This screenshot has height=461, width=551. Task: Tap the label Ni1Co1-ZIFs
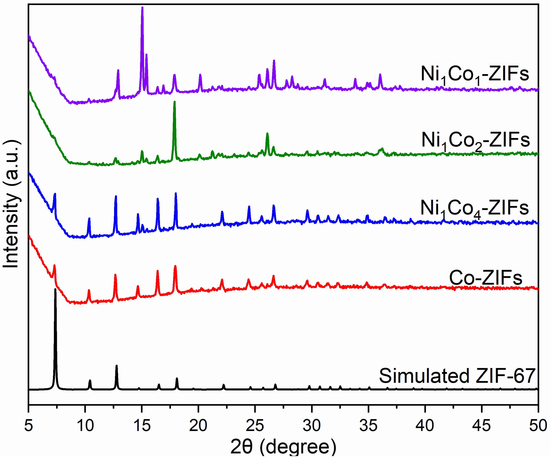point(475,74)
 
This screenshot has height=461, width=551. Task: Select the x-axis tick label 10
point(85,425)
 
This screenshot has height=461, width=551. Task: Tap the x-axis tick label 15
point(142,425)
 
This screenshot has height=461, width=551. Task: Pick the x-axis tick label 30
point(312,425)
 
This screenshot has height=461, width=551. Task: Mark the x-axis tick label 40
point(425,425)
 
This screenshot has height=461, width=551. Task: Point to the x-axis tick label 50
point(538,425)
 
